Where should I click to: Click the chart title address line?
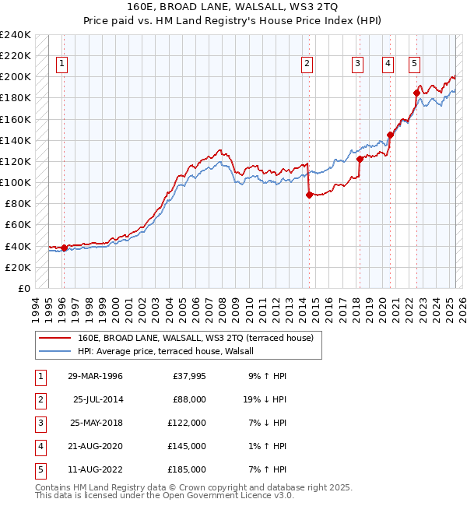point(233,7)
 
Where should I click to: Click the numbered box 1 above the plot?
point(61,64)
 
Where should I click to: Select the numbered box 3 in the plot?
point(357,64)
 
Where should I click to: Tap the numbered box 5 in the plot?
point(414,64)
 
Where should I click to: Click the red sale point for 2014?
point(309,195)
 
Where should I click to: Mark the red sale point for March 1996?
point(64,248)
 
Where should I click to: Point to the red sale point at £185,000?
point(417,93)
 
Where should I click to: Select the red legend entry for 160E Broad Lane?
point(195,338)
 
